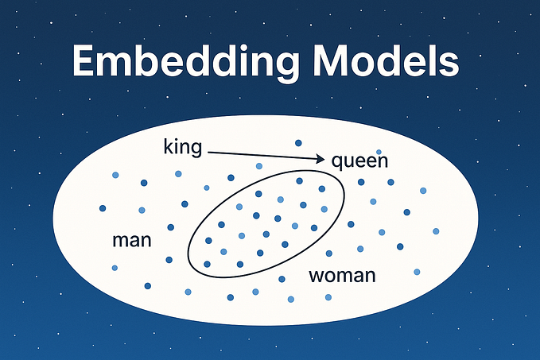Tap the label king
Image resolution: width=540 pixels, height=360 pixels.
pyautogui.click(x=182, y=147)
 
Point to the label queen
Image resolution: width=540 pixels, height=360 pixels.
pyautogui.click(x=359, y=162)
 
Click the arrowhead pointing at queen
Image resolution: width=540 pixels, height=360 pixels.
pyautogui.click(x=321, y=159)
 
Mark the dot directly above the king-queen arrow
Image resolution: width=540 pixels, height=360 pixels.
pyautogui.click(x=298, y=143)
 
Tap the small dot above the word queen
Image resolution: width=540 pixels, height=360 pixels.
pyautogui.click(x=379, y=152)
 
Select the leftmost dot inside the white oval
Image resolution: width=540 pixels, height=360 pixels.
pyautogui.click(x=103, y=208)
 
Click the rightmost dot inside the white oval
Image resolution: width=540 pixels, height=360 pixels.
pyautogui.click(x=436, y=231)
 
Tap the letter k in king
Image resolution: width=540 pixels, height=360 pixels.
pyautogui.click(x=166, y=146)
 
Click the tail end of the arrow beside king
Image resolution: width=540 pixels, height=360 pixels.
pyautogui.click(x=205, y=149)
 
